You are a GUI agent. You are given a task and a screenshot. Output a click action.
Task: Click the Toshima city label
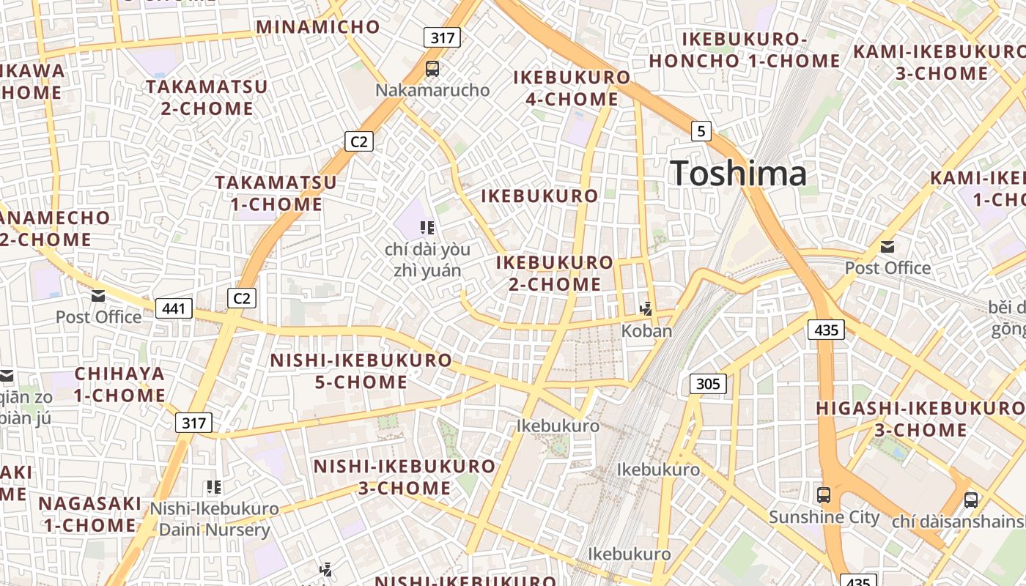(738, 174)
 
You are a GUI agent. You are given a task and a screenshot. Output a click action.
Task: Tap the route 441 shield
(174, 308)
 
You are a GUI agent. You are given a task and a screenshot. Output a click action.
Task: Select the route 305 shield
(708, 383)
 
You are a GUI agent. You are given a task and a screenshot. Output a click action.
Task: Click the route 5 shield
(701, 131)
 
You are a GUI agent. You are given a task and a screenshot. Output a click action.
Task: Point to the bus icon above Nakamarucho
(432, 70)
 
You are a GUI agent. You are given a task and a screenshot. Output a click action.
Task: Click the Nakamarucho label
(432, 90)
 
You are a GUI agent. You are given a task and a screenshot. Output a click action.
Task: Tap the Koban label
(646, 330)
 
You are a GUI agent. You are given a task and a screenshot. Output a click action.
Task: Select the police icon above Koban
(646, 309)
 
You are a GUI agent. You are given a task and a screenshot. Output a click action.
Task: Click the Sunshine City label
(824, 517)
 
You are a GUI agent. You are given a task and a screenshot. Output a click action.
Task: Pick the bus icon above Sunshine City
(824, 494)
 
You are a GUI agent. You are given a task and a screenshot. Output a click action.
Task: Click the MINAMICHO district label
(317, 28)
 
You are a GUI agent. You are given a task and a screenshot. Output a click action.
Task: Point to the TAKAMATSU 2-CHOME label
(207, 97)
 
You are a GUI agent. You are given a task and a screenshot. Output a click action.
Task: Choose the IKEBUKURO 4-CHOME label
(572, 88)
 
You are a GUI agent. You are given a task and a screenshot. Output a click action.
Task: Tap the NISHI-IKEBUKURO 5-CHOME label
(361, 371)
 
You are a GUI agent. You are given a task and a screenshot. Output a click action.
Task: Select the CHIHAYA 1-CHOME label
(120, 385)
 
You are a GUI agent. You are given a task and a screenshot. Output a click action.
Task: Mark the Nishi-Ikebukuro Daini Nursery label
(215, 519)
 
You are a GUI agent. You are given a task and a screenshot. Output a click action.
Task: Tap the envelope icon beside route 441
(98, 296)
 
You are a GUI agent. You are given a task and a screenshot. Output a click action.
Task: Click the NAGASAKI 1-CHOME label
(90, 514)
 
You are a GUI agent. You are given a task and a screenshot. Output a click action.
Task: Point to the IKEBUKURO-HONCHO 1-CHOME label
(745, 50)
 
